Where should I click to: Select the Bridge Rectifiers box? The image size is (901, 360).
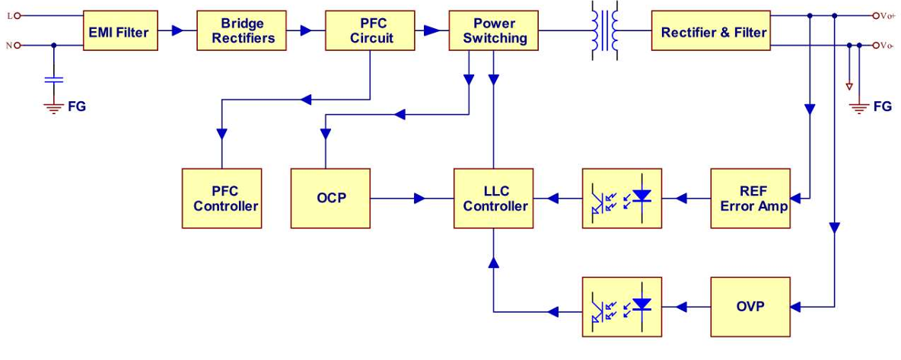coord(243,31)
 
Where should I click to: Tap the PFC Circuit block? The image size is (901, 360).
coord(371,31)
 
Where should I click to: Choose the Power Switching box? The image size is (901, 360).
coord(494,31)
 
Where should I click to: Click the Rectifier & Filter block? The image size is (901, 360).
coord(713,31)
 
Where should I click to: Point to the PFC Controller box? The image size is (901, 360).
coord(221,199)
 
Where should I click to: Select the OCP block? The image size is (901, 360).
coord(331,199)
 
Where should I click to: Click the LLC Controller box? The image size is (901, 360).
coord(495,199)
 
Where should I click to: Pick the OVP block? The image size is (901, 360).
coord(750,307)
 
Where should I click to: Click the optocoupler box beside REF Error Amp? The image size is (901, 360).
coord(622,199)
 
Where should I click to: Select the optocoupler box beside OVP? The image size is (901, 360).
coord(622,307)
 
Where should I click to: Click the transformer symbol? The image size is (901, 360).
coord(605,31)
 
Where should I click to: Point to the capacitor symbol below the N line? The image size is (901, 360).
coord(54,78)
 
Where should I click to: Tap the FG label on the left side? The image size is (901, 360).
coord(77,107)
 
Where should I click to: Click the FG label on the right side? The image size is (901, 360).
coord(882,107)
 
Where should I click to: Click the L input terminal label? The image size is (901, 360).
coord(9,15)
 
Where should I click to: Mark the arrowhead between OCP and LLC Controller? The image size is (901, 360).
coord(419,199)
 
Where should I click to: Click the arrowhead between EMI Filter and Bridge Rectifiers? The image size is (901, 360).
coord(177,31)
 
